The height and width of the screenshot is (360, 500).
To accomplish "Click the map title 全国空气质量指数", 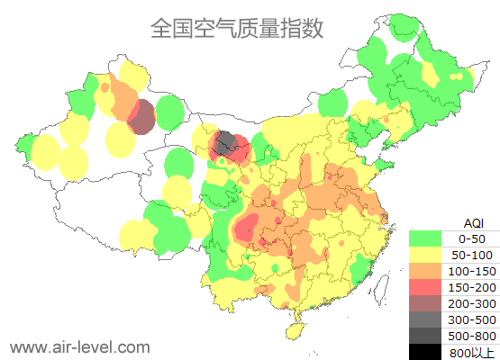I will (x=237, y=28).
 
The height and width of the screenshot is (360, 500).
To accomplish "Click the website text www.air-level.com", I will (x=79, y=346).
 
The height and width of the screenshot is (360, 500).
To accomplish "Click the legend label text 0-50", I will (x=471, y=238).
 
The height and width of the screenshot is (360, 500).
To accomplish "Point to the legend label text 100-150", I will (x=471, y=271).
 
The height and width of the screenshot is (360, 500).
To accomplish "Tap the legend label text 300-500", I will (x=471, y=319).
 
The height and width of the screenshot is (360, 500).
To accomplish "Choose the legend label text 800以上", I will (x=471, y=352).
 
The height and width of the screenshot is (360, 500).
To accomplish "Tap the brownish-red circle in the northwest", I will (x=141, y=117).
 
